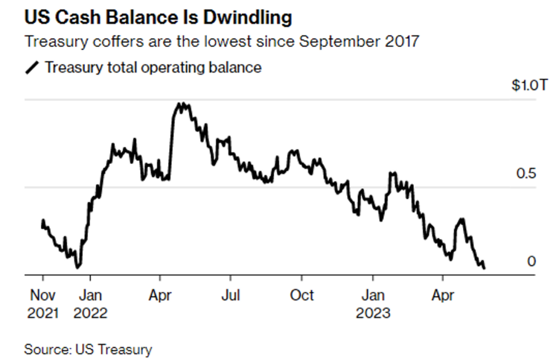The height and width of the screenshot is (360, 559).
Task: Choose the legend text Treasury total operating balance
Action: pos(153,68)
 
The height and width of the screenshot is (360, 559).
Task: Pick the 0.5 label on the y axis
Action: pos(525,173)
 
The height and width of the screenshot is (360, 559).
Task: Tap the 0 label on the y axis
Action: pos(531,261)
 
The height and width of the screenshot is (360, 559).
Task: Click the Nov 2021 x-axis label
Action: pos(42,303)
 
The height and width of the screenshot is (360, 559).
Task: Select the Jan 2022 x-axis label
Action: pos(90,303)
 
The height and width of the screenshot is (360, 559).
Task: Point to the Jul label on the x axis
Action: pos(230,295)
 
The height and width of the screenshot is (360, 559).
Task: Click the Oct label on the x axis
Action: pos(302,295)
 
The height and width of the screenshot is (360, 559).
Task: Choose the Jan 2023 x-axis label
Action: pos(373,303)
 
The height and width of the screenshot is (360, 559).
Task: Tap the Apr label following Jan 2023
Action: pos(443,295)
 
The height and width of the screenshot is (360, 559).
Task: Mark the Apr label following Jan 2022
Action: pos(160,295)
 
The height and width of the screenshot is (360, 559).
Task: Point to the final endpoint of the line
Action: pos(484,268)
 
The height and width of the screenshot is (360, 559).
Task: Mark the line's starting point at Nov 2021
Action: pos(42,221)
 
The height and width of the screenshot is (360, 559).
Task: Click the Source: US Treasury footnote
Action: pos(88,350)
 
